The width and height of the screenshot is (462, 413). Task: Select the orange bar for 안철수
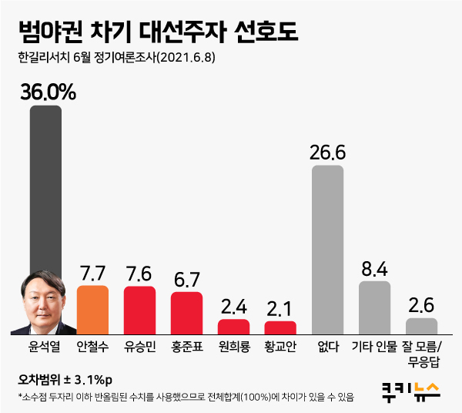coord(92,309)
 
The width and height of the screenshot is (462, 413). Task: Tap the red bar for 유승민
coord(139,310)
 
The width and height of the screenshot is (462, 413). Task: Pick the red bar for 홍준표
coord(186,312)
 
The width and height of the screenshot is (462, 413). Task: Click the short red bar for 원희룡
coord(233,326)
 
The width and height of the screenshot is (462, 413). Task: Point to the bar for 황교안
coord(280,327)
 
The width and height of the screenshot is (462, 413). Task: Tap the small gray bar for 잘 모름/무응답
coord(421,325)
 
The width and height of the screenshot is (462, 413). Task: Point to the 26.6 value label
coord(327,153)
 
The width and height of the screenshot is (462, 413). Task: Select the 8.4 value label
coord(375,270)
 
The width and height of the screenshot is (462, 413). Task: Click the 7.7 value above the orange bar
coord(92,274)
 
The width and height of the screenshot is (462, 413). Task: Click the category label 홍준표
coord(186,346)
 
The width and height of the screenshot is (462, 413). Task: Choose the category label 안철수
coord(92,346)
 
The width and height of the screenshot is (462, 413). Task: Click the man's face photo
coord(42,304)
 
